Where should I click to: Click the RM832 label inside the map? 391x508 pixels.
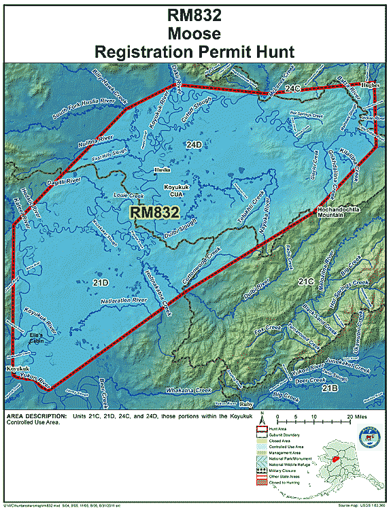point(155,211)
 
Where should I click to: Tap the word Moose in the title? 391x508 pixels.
point(195,33)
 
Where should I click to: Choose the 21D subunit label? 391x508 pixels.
point(100,282)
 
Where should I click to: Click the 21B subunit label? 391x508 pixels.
point(330,388)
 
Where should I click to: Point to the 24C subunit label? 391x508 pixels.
point(292,88)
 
